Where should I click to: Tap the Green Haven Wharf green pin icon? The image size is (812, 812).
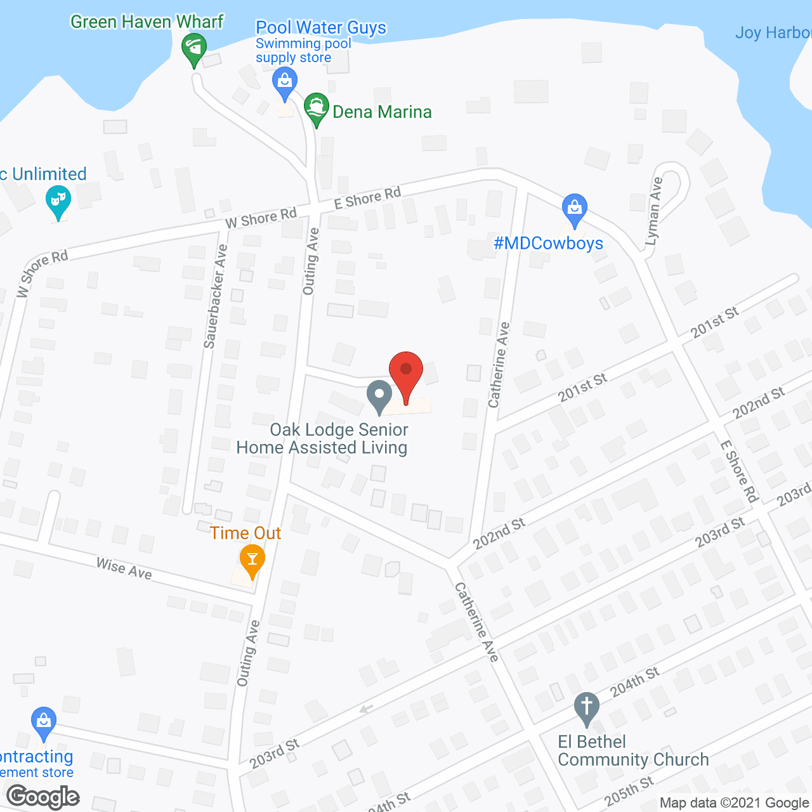(193, 48)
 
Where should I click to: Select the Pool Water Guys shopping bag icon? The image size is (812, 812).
(284, 82)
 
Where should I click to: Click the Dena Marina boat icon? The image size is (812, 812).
(316, 108)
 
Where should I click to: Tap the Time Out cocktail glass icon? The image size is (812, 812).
(252, 560)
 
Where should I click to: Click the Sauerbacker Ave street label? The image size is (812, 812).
(216, 296)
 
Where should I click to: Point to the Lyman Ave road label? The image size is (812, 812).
(654, 211)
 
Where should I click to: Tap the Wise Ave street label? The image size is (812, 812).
(124, 568)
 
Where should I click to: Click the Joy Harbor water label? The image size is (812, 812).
(773, 32)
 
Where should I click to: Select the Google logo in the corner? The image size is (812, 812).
(43, 797)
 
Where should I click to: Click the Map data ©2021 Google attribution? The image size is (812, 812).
(735, 803)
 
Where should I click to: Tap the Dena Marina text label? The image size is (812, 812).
(382, 112)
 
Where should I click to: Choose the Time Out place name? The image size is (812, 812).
(246, 534)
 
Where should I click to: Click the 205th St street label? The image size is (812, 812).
(629, 791)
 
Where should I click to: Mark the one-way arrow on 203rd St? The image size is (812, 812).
(365, 709)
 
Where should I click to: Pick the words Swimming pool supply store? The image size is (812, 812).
(303, 51)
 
